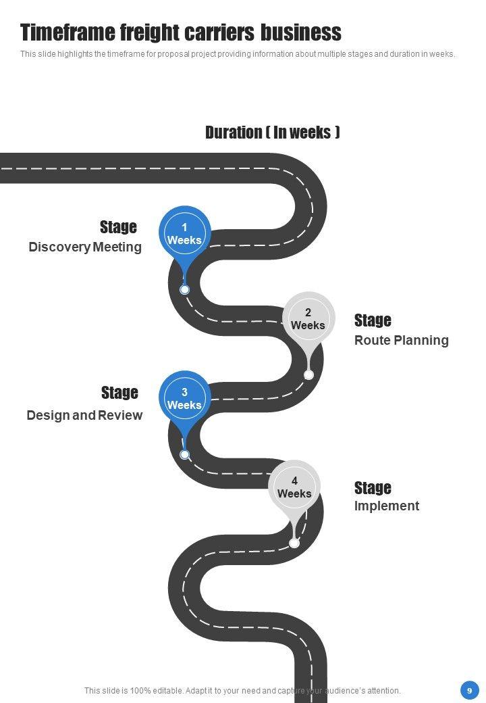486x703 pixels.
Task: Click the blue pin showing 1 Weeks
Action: point(184,233)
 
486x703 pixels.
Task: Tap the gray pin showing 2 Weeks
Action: point(308,318)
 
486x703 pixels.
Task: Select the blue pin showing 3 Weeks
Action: point(184,398)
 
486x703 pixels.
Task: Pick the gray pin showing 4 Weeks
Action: point(294,487)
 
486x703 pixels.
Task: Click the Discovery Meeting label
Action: point(85,247)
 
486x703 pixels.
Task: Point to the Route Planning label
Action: point(401,340)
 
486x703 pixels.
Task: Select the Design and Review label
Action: point(84,415)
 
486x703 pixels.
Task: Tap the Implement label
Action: point(386,506)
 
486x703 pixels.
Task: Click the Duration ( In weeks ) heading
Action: point(272,132)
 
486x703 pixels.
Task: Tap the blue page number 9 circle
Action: point(469,690)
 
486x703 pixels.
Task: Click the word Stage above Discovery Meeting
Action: point(118,227)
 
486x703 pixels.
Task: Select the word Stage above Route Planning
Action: point(373,320)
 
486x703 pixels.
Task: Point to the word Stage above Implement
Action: point(373,488)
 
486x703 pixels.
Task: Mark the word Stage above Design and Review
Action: point(119,393)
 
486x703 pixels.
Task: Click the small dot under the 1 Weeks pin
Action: point(184,289)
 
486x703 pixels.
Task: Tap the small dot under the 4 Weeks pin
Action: point(294,543)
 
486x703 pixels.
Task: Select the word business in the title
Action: point(301,32)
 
